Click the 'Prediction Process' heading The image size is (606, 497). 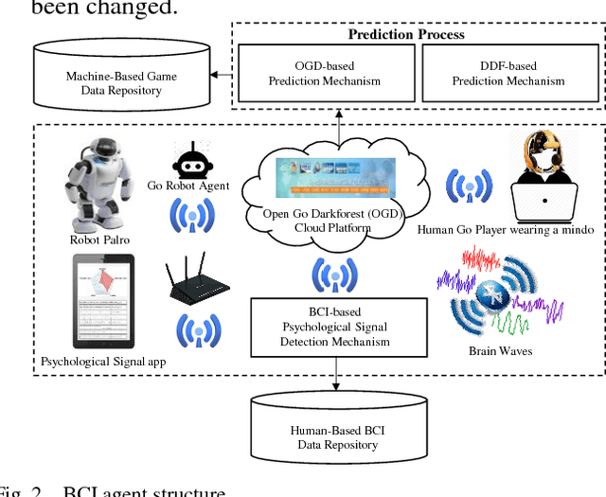[x=406, y=35]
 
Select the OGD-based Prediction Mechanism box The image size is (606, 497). [x=324, y=74]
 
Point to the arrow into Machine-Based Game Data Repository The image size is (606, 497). [x=222, y=74]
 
